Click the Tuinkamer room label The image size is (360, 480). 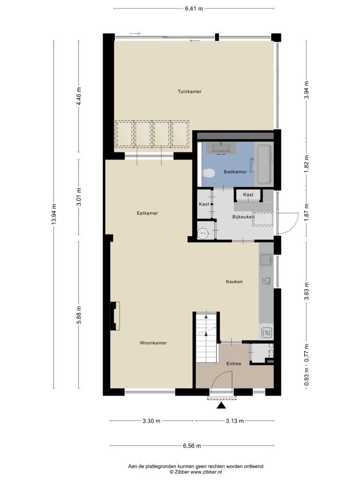189,91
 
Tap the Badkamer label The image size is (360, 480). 235,172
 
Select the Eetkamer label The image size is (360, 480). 147,213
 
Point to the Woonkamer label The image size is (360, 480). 153,343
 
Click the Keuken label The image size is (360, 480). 234,282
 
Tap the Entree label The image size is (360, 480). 234,364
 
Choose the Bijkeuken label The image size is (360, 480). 243,217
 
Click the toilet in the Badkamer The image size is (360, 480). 209,173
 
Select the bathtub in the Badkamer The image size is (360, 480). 264,164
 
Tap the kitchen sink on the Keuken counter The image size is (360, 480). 267,260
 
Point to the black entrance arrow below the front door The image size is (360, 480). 221,406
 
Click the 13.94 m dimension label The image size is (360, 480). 54,214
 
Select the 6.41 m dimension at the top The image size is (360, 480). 194,8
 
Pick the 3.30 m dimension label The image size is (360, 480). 151,421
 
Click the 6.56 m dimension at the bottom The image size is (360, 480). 192,446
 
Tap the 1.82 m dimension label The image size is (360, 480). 306,164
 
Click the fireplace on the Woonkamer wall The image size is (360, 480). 115,316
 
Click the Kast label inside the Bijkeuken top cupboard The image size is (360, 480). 248,195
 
